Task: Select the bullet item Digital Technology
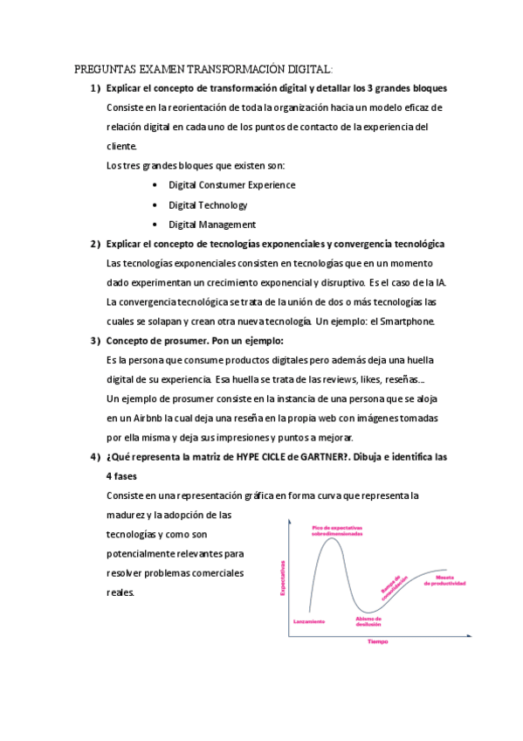(x=208, y=204)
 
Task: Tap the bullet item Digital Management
(x=211, y=225)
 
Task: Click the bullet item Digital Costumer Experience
(x=231, y=184)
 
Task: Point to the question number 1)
(x=94, y=88)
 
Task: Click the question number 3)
(x=94, y=340)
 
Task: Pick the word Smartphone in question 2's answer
(x=415, y=321)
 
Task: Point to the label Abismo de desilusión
(x=368, y=621)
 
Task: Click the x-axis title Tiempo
(x=377, y=641)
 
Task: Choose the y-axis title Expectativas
(x=283, y=578)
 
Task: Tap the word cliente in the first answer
(x=120, y=146)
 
